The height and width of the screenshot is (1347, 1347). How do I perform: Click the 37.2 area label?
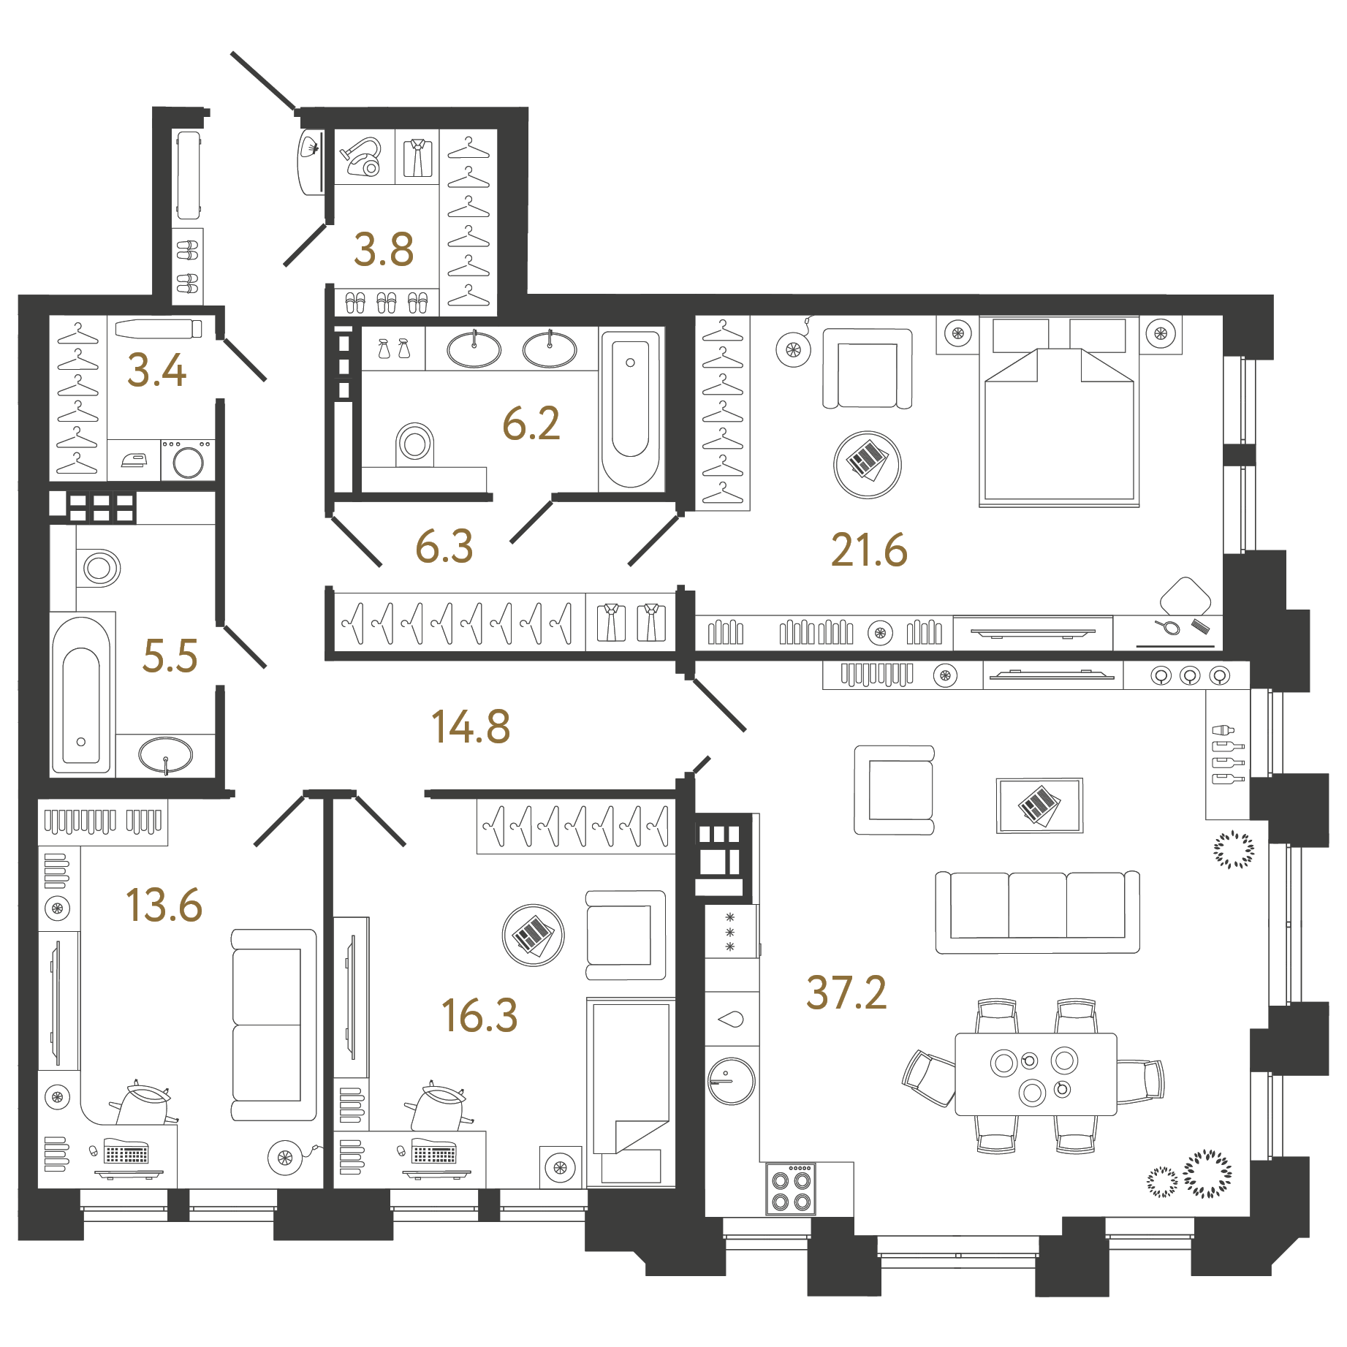point(846,993)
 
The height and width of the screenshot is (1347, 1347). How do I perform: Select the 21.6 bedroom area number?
point(869,550)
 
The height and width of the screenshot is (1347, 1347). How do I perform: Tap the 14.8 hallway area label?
point(471,727)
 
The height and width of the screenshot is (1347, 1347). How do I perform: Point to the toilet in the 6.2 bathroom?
point(414,444)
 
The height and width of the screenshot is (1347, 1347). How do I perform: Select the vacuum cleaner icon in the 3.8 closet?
point(362,157)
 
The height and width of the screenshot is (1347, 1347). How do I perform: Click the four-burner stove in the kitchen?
point(792,1189)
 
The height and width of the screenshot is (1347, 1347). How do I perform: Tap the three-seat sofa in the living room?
point(1037,911)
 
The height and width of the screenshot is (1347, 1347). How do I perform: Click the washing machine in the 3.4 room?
point(188,460)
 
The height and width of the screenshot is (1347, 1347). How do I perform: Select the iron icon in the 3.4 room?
point(134,460)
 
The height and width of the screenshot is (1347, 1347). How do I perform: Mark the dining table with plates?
point(1036,1074)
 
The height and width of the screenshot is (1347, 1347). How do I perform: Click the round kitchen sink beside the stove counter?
point(731,1081)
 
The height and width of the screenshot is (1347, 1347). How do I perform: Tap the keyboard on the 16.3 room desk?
point(434,1154)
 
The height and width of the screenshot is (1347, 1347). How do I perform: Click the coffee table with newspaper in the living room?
point(1039,805)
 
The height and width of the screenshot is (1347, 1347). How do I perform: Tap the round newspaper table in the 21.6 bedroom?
point(868,465)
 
